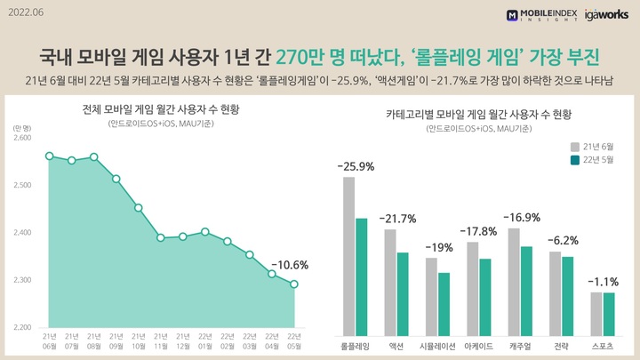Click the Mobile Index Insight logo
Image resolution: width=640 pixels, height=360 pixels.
coord(541,14)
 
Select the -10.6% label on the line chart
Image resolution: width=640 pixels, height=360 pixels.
coord(289,264)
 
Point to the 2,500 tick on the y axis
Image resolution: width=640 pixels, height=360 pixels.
coord(22,185)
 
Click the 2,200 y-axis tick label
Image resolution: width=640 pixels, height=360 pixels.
coord(22,327)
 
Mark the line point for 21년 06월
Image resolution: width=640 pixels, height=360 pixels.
coord(50,156)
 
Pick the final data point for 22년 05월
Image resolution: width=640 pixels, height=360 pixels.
coord(294,284)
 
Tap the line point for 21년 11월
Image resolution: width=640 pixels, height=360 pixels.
coord(161,237)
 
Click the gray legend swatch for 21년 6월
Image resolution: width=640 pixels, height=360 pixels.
coord(574,144)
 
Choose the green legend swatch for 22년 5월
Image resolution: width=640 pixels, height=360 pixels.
coord(574,160)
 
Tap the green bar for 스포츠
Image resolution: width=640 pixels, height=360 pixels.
coord(609,312)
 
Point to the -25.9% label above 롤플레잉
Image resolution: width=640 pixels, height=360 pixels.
coord(355,166)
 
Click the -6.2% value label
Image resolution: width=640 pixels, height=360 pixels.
coord(561,241)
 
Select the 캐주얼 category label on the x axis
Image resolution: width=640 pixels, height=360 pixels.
coord(520,345)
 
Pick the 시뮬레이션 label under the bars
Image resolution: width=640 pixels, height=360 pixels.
coord(437,345)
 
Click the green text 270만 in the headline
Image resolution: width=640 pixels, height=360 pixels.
coord(302,56)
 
